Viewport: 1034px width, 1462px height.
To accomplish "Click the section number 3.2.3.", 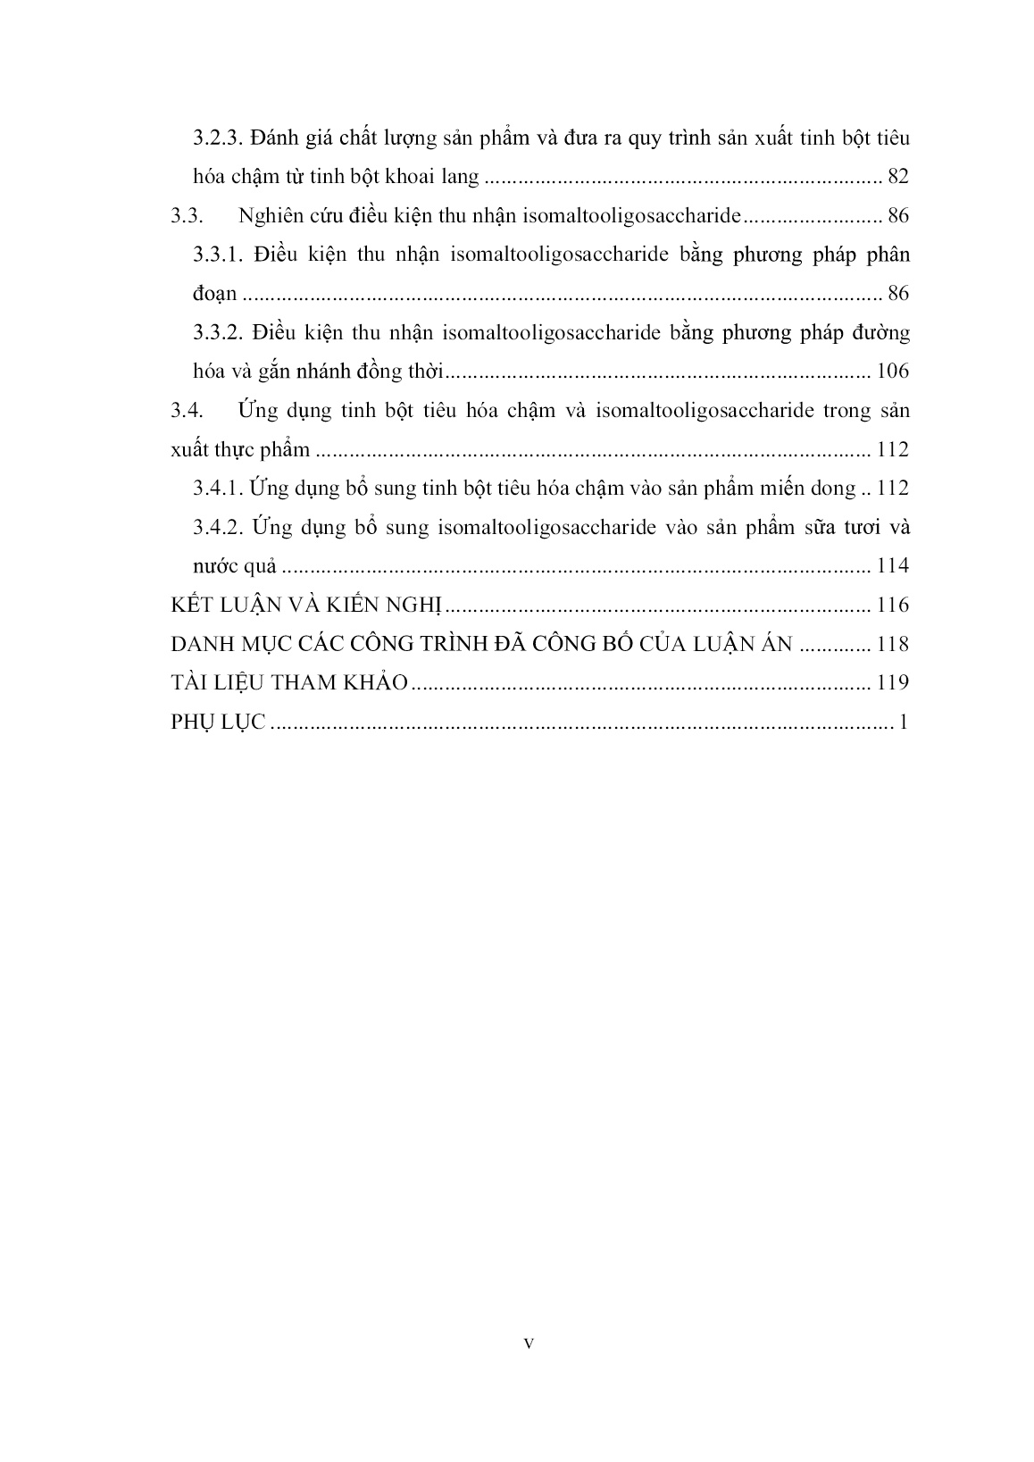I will [x=219, y=138].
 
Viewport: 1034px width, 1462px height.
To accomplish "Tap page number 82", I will [x=897, y=177].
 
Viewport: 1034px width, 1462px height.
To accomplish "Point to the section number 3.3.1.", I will [x=219, y=255].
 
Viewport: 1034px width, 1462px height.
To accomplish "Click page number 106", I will [x=892, y=372].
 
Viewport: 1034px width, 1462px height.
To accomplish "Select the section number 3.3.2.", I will [x=219, y=333].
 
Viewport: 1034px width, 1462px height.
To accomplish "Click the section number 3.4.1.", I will [x=219, y=489].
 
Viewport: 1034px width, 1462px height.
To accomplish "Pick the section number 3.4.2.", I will [x=219, y=527].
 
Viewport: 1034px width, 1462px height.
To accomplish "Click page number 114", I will [x=892, y=566].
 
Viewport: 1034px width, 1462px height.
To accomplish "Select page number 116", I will [x=892, y=606].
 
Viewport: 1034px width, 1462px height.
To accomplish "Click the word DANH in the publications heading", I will [x=200, y=644].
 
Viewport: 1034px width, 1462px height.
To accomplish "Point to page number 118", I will [x=892, y=644].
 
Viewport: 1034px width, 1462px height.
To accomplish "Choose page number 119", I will [x=892, y=683].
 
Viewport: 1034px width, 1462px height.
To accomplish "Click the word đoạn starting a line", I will [x=215, y=295].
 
